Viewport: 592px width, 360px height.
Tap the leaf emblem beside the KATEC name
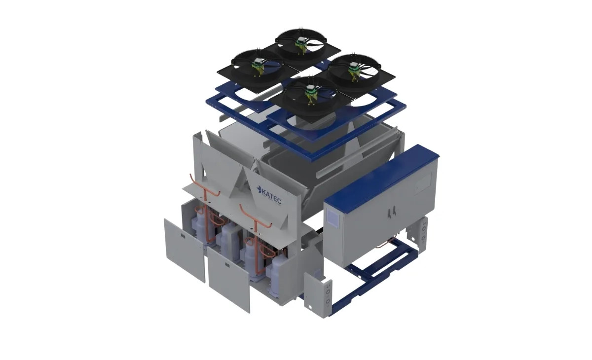(259, 189)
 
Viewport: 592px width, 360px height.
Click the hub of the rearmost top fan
(300, 41)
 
